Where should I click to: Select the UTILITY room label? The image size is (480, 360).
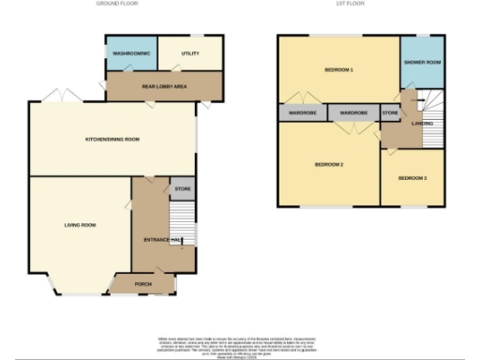pyautogui.click(x=190, y=55)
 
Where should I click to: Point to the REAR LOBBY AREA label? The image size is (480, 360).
pyautogui.click(x=164, y=85)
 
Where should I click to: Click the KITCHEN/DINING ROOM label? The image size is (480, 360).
pyautogui.click(x=112, y=139)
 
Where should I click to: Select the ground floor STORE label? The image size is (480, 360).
pyautogui.click(x=182, y=189)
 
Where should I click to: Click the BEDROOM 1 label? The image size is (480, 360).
pyautogui.click(x=338, y=70)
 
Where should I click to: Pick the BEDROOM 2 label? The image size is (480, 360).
pyautogui.click(x=328, y=164)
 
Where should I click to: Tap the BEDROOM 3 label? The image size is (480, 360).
pyautogui.click(x=412, y=177)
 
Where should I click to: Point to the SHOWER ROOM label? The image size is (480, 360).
pyautogui.click(x=421, y=62)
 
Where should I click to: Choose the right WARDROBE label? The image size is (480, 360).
pyautogui.click(x=353, y=112)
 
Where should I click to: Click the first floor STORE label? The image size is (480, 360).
pyautogui.click(x=389, y=112)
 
